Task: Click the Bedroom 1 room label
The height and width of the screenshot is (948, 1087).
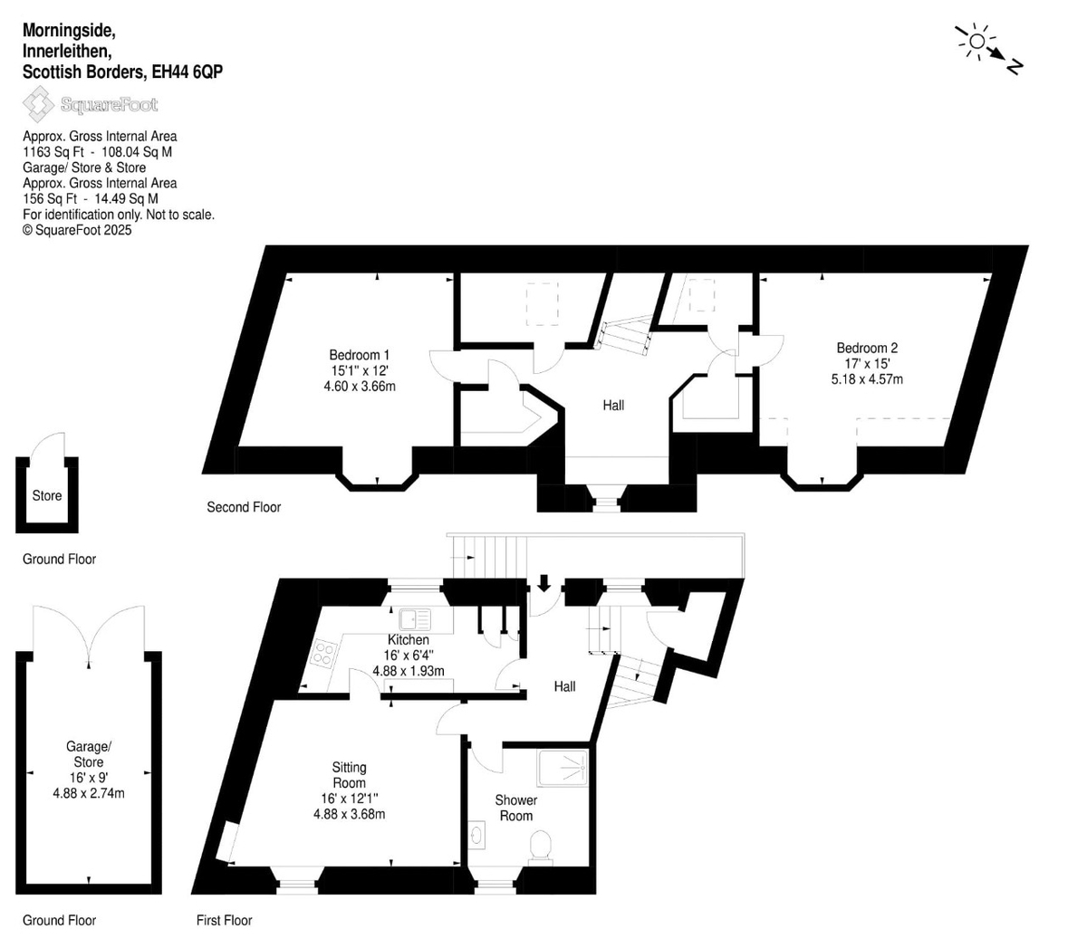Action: pyautogui.click(x=359, y=355)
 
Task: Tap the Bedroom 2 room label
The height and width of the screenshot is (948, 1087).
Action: pyautogui.click(x=867, y=348)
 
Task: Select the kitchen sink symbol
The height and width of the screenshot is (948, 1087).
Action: pyautogui.click(x=414, y=620)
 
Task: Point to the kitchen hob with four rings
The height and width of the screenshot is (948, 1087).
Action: pyautogui.click(x=324, y=653)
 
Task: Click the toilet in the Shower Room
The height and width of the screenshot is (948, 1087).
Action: pyautogui.click(x=541, y=848)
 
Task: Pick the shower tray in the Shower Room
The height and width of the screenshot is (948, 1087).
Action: pyautogui.click(x=563, y=768)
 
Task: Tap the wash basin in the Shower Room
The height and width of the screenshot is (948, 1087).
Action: pyautogui.click(x=477, y=836)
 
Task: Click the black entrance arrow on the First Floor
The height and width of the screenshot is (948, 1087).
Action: pyautogui.click(x=543, y=582)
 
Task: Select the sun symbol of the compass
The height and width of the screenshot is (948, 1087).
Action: pyautogui.click(x=976, y=41)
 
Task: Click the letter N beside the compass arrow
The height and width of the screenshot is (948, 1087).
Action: pyautogui.click(x=1014, y=67)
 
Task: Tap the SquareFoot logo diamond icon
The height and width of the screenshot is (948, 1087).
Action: pyautogui.click(x=38, y=104)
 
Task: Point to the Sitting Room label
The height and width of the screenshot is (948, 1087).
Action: pyautogui.click(x=349, y=775)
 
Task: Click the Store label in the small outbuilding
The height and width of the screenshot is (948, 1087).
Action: pyautogui.click(x=47, y=495)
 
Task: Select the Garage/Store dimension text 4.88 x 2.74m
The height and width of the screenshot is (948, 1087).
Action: pyautogui.click(x=89, y=793)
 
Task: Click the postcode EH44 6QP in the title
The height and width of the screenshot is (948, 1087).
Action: pyautogui.click(x=187, y=72)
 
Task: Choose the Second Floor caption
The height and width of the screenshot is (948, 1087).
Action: pyautogui.click(x=244, y=507)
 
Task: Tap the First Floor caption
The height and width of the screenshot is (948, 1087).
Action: pyautogui.click(x=225, y=920)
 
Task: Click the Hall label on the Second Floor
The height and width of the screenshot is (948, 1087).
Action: pyautogui.click(x=613, y=406)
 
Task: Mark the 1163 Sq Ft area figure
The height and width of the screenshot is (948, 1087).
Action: pyautogui.click(x=53, y=152)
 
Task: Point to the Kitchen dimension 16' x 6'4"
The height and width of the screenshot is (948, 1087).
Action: pyautogui.click(x=408, y=656)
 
